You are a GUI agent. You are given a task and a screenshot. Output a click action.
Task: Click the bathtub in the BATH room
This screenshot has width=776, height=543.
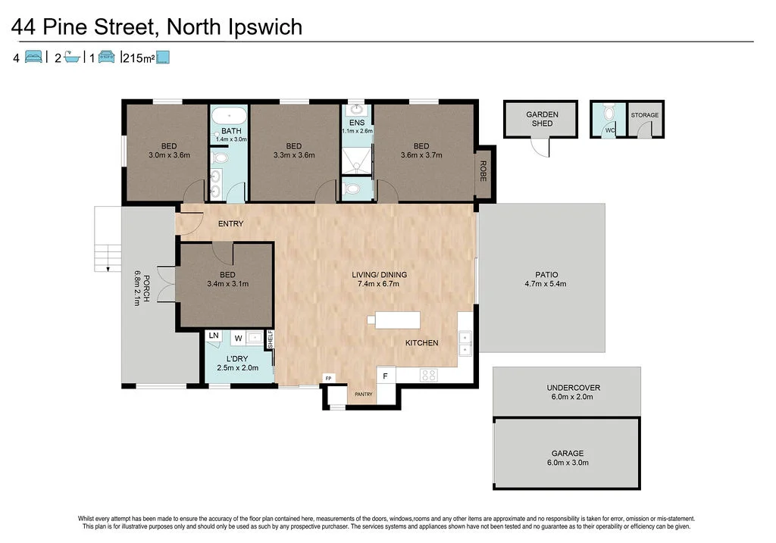pyautogui.click(x=227, y=117)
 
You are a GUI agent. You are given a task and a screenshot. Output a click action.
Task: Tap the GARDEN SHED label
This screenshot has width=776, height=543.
pyautogui.click(x=542, y=119)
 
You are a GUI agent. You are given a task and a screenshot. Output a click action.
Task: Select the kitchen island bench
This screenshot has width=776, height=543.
pyautogui.click(x=398, y=320)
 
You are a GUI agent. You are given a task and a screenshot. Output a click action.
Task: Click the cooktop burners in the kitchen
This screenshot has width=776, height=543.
pyautogui.click(x=428, y=373)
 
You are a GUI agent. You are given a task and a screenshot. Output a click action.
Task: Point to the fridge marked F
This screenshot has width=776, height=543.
pyautogui.click(x=386, y=376)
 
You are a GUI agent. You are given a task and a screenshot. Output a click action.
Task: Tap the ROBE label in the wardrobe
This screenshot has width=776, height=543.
pyautogui.click(x=482, y=172)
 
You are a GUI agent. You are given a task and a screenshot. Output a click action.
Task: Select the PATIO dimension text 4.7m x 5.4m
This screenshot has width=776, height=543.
pyautogui.click(x=546, y=285)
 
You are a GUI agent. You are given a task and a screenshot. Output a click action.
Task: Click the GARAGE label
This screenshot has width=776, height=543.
pyautogui.click(x=567, y=453)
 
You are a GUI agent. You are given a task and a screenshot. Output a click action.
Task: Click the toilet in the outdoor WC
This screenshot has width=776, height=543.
pyautogui.click(x=608, y=114)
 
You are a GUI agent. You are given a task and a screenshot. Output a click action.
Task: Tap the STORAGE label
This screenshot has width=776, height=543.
pyautogui.click(x=645, y=115)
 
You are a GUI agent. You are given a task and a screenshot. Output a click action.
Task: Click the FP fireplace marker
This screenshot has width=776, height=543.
pyautogui.click(x=328, y=377)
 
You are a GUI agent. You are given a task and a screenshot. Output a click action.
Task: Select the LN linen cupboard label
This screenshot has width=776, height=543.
pyautogui.click(x=214, y=335)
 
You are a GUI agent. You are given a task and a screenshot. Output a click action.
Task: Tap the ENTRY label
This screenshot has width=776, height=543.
pyautogui.click(x=230, y=223)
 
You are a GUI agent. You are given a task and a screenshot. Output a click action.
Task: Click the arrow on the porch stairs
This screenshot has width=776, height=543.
pyautogui.click(x=108, y=267)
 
